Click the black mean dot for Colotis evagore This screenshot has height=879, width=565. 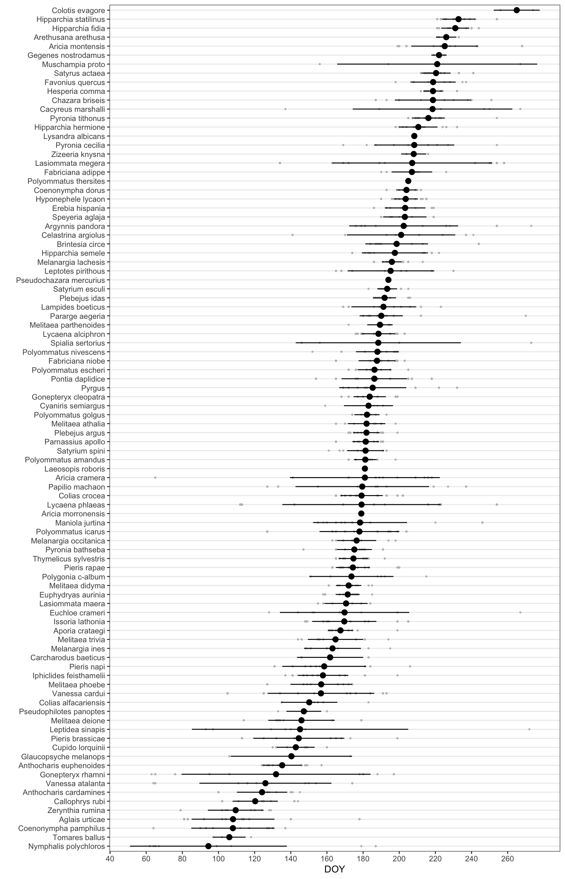click(x=517, y=10)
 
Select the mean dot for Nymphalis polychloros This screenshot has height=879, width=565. click(x=208, y=846)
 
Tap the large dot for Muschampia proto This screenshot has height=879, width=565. click(x=437, y=64)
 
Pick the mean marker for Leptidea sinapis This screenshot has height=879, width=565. click(x=300, y=729)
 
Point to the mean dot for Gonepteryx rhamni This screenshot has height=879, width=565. click(x=276, y=774)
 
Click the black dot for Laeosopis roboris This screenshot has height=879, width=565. click(x=365, y=469)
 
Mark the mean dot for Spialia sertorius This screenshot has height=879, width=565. click(x=378, y=343)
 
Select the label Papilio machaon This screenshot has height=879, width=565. click(x=77, y=487)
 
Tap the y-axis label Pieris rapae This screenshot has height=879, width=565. click(x=84, y=568)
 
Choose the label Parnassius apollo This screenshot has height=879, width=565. click(x=75, y=442)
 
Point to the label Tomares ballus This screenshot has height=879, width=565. click(x=79, y=837)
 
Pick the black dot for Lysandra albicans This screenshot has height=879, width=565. click(x=414, y=136)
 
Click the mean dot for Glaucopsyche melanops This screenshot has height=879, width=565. click(x=291, y=756)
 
